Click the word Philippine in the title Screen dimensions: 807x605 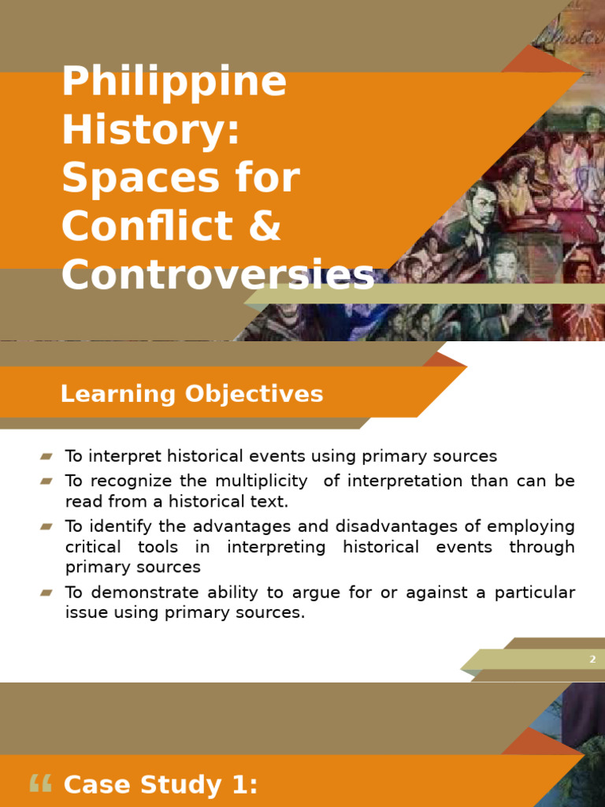(x=174, y=84)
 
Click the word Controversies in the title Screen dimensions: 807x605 (x=217, y=274)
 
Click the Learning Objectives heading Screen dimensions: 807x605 (x=191, y=394)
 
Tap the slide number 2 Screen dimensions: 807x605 (x=592, y=660)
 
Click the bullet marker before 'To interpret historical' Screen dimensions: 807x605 (x=46, y=456)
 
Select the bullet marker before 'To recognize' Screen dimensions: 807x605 (x=46, y=481)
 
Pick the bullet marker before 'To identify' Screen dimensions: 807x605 (x=46, y=526)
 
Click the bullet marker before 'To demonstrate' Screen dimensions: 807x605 (x=46, y=592)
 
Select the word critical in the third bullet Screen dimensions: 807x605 (x=93, y=547)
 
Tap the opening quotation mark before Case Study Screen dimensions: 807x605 (x=39, y=783)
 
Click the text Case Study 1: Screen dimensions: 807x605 (x=160, y=785)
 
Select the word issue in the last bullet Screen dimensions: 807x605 (x=83, y=612)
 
